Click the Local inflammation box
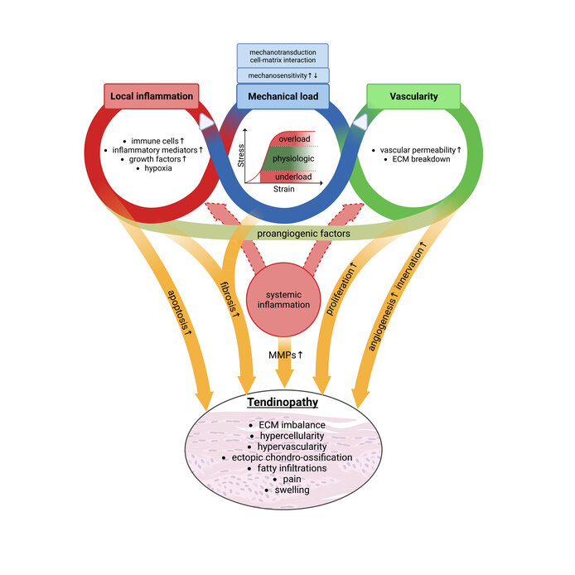[152, 96]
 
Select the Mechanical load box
[283, 96]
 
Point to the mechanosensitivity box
[283, 75]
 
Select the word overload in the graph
[294, 138]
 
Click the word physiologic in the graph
[293, 157]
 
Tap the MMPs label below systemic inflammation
[283, 355]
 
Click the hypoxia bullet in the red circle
[151, 169]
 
